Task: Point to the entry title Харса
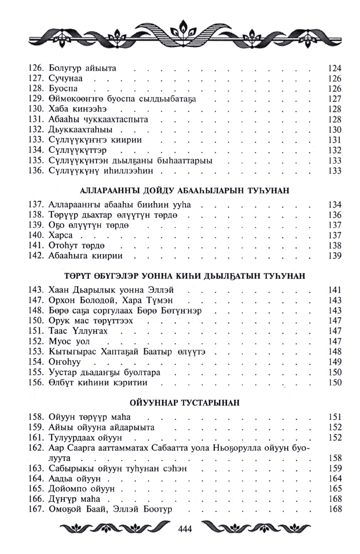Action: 60,236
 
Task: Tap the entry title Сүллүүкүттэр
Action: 79,150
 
